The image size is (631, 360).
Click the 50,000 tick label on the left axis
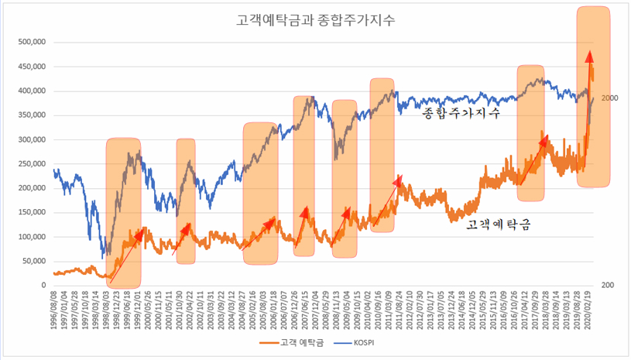(33, 261)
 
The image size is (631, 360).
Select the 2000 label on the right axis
(609, 98)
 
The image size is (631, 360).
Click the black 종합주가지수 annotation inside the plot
(460, 113)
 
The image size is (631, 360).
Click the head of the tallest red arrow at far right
(590, 56)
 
